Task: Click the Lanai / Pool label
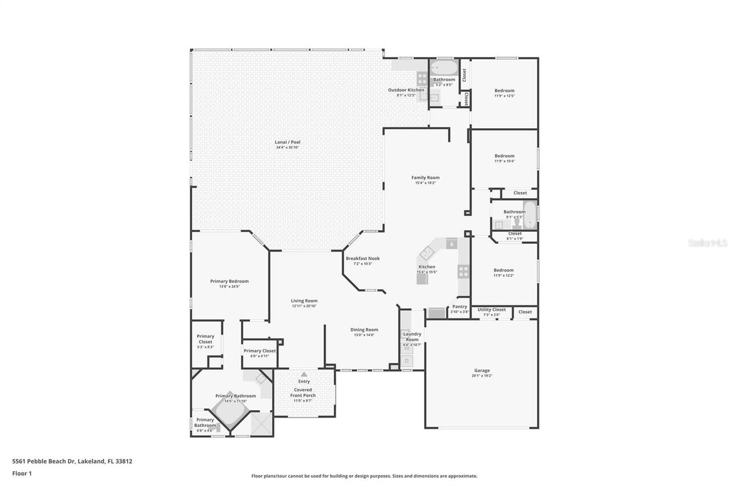pos(288,142)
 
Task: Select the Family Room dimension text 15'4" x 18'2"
pos(425,183)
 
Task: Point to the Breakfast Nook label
pos(362,258)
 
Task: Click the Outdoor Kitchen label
pos(406,90)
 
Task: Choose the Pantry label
pos(460,307)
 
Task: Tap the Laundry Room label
pos(412,337)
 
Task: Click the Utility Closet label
pos(492,309)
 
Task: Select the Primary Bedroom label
pos(229,281)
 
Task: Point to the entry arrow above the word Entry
pos(304,374)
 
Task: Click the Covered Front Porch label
pos(303,393)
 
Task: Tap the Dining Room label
pos(364,329)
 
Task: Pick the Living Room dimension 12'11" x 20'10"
pos(304,306)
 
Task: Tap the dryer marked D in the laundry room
pos(407,361)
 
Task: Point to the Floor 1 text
pos(22,473)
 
